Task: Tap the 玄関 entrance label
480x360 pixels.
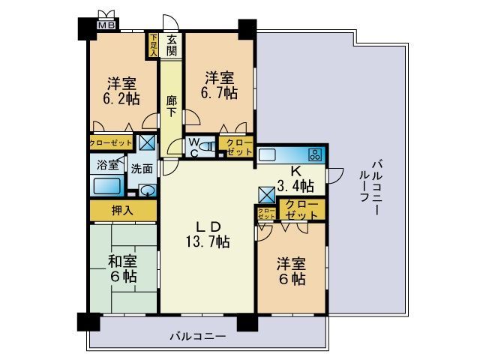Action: coord(172,46)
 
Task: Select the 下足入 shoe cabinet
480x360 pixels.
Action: coord(154,45)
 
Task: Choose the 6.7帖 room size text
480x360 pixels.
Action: coord(220,94)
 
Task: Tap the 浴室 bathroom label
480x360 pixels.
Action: coord(107,165)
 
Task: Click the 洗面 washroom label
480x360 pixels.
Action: coord(142,169)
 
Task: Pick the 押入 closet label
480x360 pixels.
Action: coord(123,211)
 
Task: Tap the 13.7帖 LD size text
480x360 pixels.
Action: coord(208,242)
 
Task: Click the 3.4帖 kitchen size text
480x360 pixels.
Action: coord(295,185)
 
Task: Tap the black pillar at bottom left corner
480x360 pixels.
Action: coord(88,322)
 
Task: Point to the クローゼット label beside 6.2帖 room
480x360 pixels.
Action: coord(111,142)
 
